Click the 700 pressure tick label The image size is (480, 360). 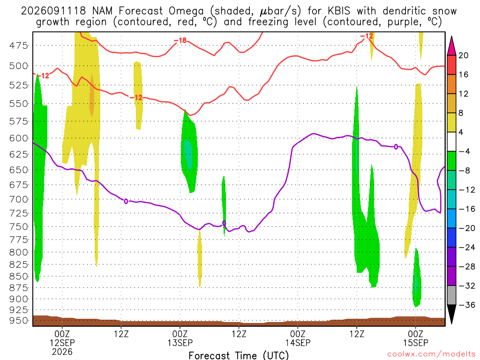pos(19,199)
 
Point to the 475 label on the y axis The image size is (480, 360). pos(19,45)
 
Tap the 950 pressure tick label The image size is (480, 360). pos(19,321)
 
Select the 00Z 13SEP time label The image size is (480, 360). pos(180,338)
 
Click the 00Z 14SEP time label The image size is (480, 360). pos(298,338)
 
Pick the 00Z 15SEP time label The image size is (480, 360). pos(415,338)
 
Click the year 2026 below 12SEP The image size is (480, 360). pos(62,352)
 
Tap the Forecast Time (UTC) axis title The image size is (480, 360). pos(239,355)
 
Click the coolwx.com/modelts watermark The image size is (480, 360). pos(431,354)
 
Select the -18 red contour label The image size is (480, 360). pos(180,40)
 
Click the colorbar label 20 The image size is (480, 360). pos(463,55)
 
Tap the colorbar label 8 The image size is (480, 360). pos(461,113)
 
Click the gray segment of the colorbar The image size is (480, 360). pos(451,295)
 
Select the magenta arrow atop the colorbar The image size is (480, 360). pos(451,45)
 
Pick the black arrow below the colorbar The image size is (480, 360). pos(451,314)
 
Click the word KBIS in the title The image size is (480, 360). pos(338,11)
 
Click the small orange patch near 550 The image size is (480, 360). pos(92,95)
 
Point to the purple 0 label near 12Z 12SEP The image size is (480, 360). pos(126,202)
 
